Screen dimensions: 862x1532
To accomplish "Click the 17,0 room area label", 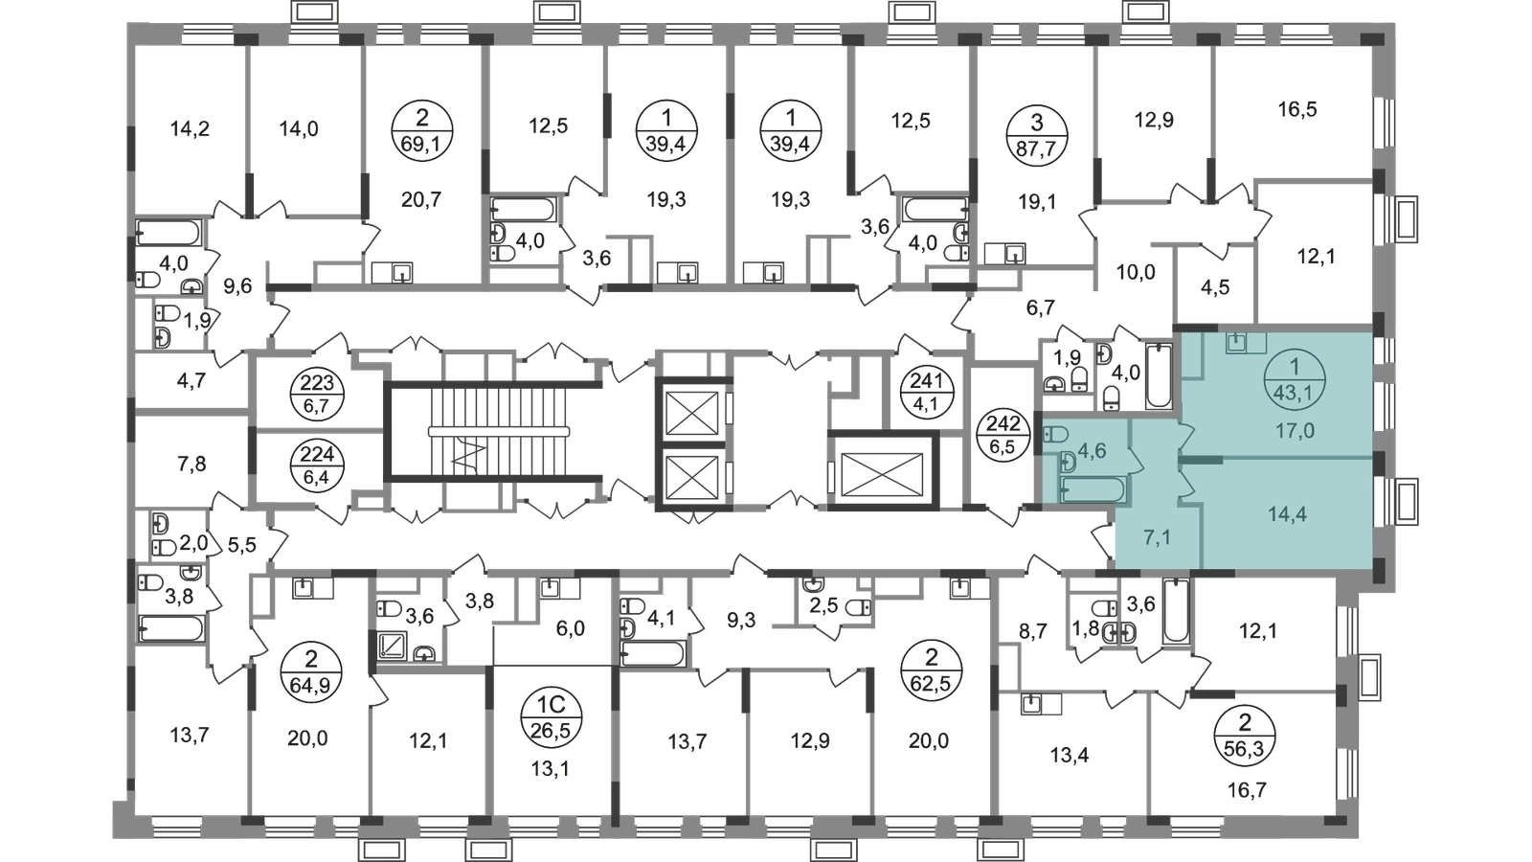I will pos(1294,431).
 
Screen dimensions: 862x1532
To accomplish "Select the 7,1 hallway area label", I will pos(1157,536).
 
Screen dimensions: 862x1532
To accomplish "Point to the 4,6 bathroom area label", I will pos(1093,450).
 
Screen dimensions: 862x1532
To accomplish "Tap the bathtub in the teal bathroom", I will pos(1094,489).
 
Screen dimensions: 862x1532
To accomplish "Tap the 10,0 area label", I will pos(1137,272).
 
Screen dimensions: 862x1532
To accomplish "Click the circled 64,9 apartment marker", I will pos(304,660).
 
